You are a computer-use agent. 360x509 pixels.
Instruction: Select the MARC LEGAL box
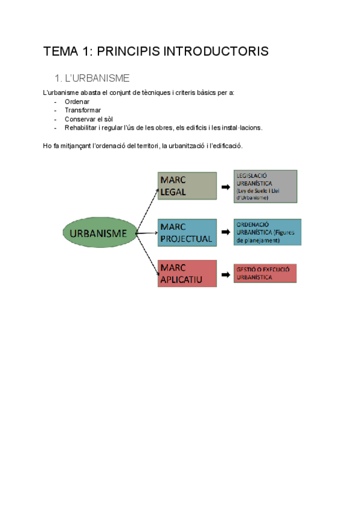(187, 186)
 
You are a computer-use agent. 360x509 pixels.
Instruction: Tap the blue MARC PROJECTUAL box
(187, 232)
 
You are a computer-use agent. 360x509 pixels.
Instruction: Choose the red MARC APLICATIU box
(187, 274)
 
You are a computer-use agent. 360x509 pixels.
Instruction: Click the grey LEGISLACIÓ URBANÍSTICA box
(265, 185)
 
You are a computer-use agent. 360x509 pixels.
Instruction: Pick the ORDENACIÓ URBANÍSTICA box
(268, 232)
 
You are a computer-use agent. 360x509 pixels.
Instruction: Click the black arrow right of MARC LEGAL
(226, 187)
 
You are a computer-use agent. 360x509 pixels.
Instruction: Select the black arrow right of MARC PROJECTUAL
(226, 232)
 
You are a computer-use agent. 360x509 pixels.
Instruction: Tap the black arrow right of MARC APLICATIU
(226, 275)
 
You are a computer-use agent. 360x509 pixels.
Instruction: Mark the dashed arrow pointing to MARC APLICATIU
(148, 254)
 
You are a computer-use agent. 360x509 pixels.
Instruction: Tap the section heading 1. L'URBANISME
(92, 79)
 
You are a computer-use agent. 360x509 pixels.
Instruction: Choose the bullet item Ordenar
(77, 101)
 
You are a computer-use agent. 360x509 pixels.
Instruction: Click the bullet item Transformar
(83, 110)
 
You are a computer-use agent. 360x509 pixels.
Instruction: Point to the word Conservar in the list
(80, 119)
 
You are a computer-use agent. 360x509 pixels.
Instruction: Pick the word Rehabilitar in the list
(82, 127)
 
